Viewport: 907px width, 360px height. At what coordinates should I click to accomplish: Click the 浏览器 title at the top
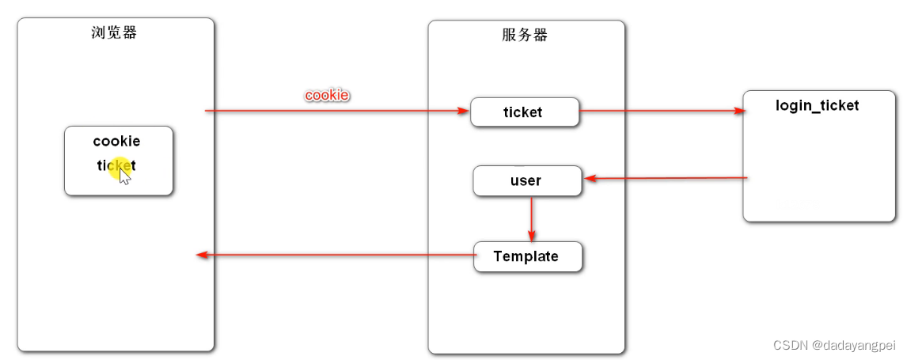click(115, 32)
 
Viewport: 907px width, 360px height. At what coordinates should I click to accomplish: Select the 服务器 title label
click(525, 35)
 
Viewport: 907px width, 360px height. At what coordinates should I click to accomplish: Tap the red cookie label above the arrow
click(327, 95)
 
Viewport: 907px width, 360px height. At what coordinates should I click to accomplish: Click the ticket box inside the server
click(525, 112)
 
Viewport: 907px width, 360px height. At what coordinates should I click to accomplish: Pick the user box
click(526, 181)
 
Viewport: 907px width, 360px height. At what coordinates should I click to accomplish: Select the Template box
click(527, 256)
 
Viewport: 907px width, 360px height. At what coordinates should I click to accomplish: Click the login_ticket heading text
click(817, 105)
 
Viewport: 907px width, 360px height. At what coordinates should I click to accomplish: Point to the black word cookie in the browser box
click(116, 142)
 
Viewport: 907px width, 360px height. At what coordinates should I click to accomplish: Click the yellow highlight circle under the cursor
click(118, 166)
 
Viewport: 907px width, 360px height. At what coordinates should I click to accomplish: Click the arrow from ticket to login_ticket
click(661, 111)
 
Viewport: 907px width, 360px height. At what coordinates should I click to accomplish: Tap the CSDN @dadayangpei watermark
click(833, 345)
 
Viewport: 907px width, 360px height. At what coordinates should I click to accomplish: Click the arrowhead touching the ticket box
click(464, 111)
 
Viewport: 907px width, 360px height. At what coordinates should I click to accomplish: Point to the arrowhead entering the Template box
click(531, 236)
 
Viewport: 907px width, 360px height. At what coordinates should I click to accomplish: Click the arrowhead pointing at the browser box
click(202, 255)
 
